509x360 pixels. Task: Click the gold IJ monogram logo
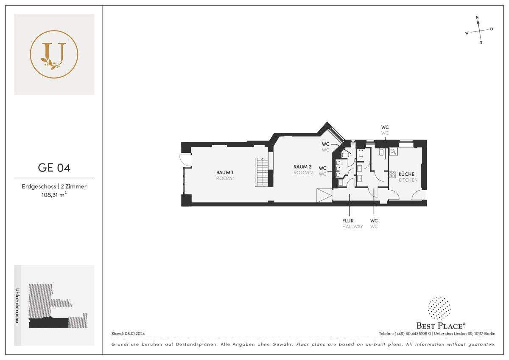click(54, 54)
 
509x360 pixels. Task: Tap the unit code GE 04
click(54, 168)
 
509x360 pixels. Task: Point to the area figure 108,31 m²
click(54, 195)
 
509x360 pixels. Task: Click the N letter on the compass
click(477, 17)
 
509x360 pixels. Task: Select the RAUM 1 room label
click(225, 173)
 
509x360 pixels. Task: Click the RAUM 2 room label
click(302, 167)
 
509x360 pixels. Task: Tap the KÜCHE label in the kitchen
click(406, 174)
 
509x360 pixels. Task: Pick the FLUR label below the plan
click(348, 221)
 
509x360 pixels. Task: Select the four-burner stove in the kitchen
click(392, 174)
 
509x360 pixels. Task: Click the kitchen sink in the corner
click(394, 152)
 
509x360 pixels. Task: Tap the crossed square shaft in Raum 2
click(324, 195)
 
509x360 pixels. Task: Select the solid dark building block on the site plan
click(49, 323)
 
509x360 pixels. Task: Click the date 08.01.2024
click(135, 334)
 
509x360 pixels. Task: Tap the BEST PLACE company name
click(441, 326)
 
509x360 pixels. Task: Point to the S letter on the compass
click(481, 42)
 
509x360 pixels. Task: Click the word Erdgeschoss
click(39, 186)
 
